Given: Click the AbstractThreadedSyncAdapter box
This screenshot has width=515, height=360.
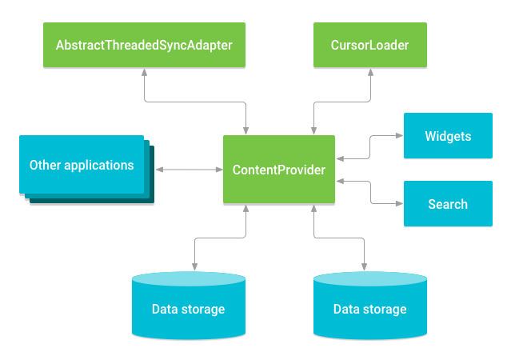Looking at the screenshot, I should pos(144,45).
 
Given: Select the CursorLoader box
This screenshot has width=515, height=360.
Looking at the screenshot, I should pos(369,45).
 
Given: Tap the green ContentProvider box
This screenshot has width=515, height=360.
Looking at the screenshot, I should pos(278,170).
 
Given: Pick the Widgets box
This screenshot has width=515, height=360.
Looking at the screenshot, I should pos(447,136).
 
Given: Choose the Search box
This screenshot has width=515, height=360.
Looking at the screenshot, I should pos(447,204).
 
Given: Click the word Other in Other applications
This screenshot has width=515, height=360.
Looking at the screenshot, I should pos(46,165).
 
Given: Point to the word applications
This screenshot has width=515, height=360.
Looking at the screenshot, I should pos(99,166).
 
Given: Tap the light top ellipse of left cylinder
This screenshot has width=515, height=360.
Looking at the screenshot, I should pos(188,279).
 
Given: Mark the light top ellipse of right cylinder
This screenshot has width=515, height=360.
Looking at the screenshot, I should pos(369,279).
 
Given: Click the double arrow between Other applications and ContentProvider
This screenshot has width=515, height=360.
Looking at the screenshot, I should pos(189,170).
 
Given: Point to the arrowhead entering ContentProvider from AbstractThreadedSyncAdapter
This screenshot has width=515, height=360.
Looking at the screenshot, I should pos(246,131).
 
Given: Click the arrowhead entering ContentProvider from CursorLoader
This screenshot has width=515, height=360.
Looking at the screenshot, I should pos(313,131).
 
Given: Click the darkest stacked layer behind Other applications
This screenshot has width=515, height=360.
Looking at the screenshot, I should pos(150,198).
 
